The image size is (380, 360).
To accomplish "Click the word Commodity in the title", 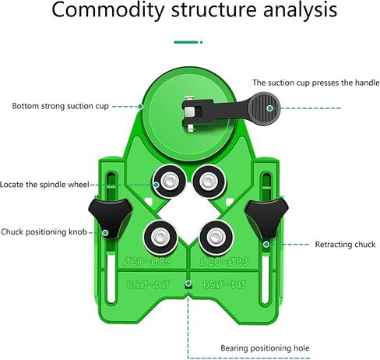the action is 108,10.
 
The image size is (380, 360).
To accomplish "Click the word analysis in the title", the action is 300,10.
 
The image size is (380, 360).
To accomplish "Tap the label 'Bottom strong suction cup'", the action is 60,106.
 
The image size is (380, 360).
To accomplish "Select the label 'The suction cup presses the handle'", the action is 315,83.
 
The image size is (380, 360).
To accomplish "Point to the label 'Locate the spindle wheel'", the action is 44,185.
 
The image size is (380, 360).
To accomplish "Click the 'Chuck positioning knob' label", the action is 44,231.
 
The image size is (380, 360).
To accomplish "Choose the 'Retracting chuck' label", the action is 345,245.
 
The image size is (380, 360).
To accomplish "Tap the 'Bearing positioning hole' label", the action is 265,348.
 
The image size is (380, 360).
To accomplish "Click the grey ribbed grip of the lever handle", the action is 264,109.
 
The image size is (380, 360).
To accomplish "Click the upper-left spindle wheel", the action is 169,182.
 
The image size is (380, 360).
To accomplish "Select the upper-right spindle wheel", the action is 209,182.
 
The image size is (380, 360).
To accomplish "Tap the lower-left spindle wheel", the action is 160,238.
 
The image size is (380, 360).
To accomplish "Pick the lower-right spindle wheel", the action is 216,238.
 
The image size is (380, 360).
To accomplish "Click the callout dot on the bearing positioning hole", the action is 188,284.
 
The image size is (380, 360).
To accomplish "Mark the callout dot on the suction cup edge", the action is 140,107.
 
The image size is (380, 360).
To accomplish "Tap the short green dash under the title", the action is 186,42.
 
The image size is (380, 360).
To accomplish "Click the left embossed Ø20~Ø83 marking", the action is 147,262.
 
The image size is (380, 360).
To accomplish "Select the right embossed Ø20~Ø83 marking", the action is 224,262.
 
